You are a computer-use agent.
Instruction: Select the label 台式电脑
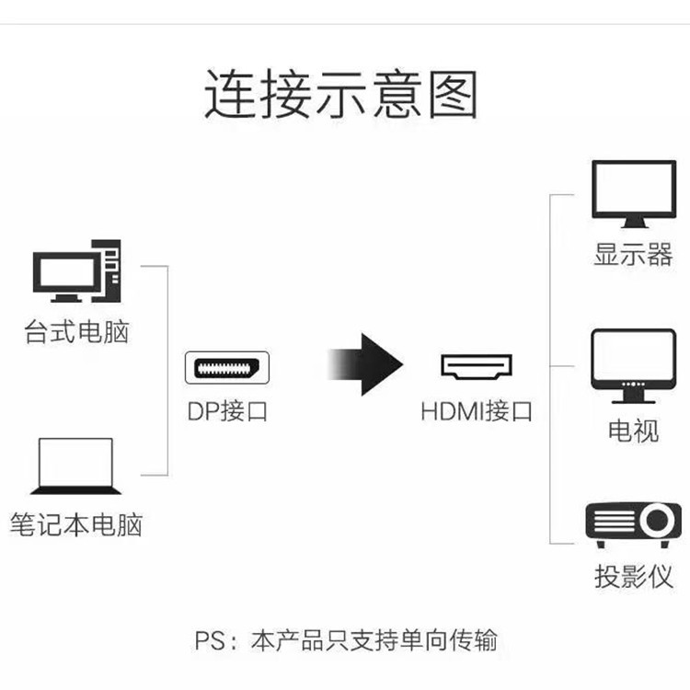pyautogui.click(x=77, y=332)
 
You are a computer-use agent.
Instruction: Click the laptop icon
pyautogui.click(x=76, y=466)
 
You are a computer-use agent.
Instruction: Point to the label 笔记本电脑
pyautogui.click(x=77, y=526)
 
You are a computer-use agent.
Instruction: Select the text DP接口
pyautogui.click(x=227, y=411)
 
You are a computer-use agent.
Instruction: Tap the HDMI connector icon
pyautogui.click(x=477, y=367)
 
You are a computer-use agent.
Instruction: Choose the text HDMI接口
pyautogui.click(x=477, y=411)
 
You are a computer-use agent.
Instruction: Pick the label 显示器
pyautogui.click(x=633, y=255)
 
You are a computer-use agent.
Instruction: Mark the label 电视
pyautogui.click(x=633, y=430)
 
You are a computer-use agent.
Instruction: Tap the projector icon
pyautogui.click(x=633, y=522)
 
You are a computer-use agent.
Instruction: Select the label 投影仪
pyautogui.click(x=633, y=577)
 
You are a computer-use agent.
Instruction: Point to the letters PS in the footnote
pyautogui.click(x=211, y=640)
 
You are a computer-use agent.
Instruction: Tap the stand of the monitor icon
pyautogui.click(x=633, y=222)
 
